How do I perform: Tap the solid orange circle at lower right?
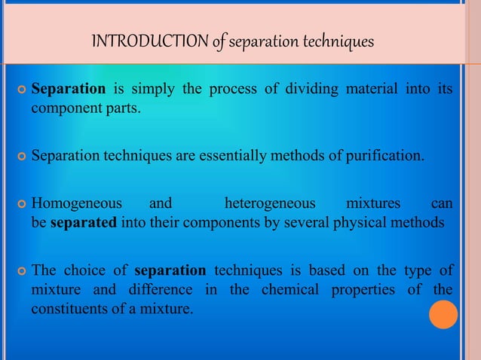pos(443,315)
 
